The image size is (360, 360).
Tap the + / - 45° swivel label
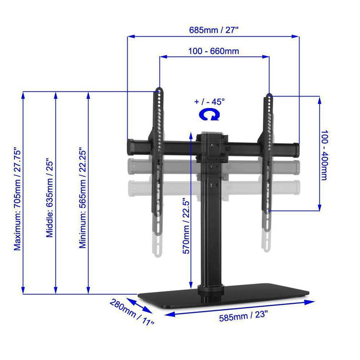pos(209,102)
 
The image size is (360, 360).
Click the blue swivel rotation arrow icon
pos(210,114)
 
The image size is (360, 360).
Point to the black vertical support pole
pos(211,240)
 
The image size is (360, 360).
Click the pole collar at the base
pos(211,289)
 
